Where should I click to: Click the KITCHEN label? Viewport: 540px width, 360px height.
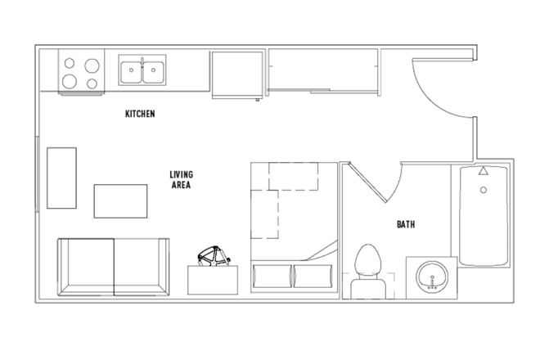coord(140,114)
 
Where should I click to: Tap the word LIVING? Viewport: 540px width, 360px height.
coord(181,174)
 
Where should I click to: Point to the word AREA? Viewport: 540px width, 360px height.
coord(181,186)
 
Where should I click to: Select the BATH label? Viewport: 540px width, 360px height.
coord(406,223)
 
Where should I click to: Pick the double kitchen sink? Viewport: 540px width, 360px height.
coord(142,70)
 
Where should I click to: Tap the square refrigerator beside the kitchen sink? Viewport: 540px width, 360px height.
coord(237,74)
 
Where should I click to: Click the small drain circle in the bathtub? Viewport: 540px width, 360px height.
coord(484,190)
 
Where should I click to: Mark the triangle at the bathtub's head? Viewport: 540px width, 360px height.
coord(484,172)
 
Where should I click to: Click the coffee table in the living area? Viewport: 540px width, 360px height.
coord(120,201)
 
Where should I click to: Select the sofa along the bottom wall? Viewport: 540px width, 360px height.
coord(113,268)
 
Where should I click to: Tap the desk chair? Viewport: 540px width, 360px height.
coord(213,257)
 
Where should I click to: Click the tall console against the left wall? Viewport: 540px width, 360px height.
coord(61,178)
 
